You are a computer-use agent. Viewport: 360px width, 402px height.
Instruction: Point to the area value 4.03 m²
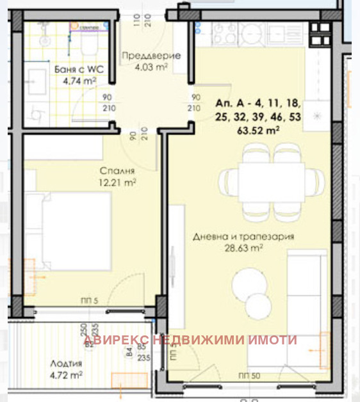[x=151, y=65]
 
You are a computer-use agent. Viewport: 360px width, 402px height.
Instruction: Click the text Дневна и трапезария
[x=243, y=236]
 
